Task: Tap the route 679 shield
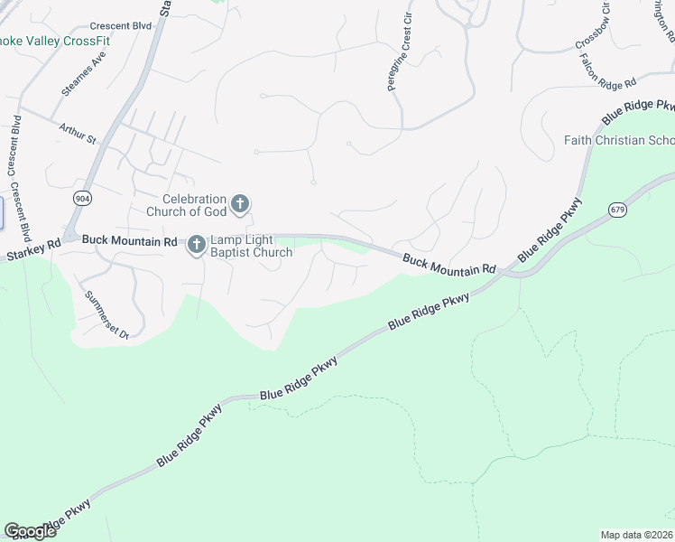618,210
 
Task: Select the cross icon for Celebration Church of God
240,204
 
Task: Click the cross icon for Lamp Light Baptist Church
197,245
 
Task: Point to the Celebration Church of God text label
193,206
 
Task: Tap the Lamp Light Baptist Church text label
252,247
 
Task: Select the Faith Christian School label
618,140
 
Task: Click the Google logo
30,531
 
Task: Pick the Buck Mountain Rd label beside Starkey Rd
129,241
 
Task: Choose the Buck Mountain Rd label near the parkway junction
449,264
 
